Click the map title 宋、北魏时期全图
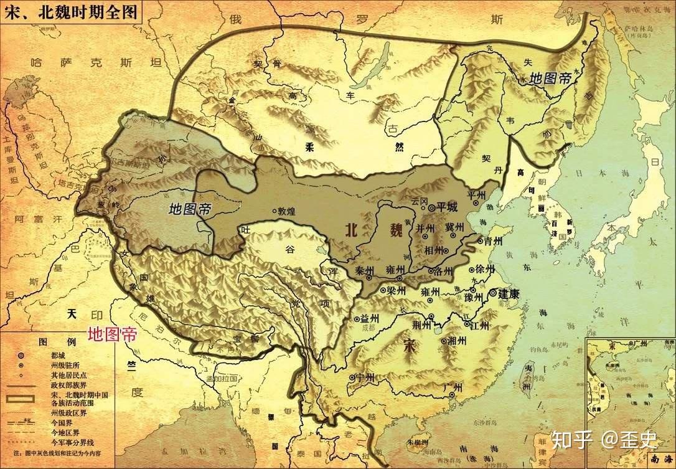pyautogui.click(x=71, y=11)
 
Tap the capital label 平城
pyautogui.click(x=447, y=206)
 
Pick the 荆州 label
pyautogui.click(x=421, y=325)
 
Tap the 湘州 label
pyautogui.click(x=458, y=341)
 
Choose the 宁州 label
pyautogui.click(x=366, y=377)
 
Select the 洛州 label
pyautogui.click(x=445, y=271)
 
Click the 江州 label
pyautogui.click(x=480, y=325)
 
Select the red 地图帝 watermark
pyautogui.click(x=112, y=334)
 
